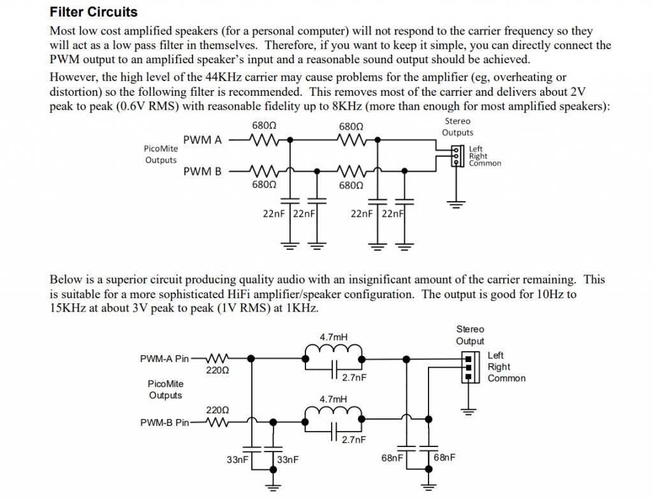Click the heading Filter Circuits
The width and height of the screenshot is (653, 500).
tap(93, 12)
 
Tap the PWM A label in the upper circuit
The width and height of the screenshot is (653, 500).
tap(202, 140)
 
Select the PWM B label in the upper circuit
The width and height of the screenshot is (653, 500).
tap(202, 172)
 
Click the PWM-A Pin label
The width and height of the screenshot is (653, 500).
tap(165, 359)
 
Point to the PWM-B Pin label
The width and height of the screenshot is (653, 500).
tap(165, 422)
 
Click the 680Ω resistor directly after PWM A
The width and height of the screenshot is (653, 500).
tap(264, 139)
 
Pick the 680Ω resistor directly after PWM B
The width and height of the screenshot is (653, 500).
tap(264, 171)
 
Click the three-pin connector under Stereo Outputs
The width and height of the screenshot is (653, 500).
tap(455, 155)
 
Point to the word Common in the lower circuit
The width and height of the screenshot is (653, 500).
tap(506, 379)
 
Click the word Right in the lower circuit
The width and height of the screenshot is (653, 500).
tap(499, 367)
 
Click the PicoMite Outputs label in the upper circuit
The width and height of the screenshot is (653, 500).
tap(161, 154)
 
